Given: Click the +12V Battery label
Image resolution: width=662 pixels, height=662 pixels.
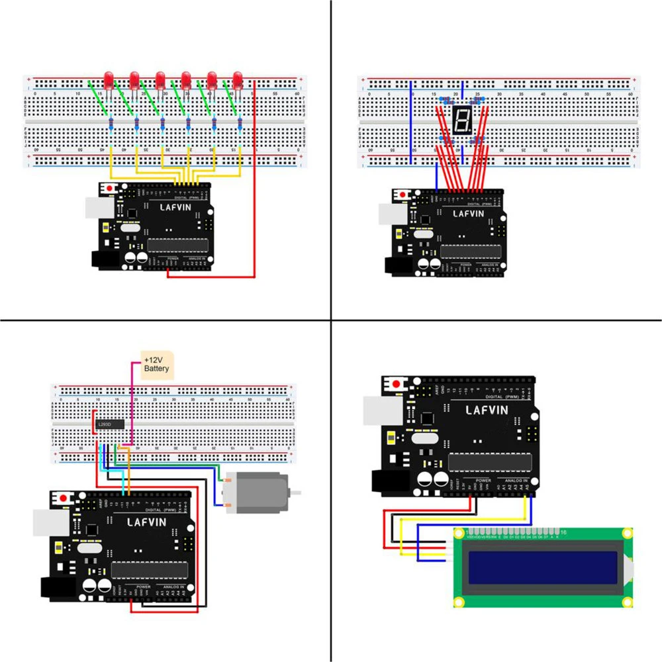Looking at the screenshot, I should coord(157,364).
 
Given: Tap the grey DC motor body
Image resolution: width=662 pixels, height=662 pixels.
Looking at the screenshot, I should coord(256,491).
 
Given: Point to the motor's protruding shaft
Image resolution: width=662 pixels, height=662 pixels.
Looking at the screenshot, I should coord(297,493).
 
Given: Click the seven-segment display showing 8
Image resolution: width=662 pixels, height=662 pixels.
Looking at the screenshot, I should coord(461,120).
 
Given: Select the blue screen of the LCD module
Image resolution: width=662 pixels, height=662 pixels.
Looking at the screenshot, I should coord(543,568).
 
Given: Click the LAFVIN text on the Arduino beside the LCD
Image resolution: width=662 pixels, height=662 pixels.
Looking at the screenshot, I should coord(487,410).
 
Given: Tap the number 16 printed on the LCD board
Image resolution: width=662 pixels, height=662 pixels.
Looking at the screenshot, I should coord(563,532).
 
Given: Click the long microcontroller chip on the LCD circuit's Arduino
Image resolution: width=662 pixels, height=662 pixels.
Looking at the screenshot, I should coord(489,462).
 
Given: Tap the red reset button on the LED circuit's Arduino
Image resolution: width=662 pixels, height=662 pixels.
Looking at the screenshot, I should coord(108,189).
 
